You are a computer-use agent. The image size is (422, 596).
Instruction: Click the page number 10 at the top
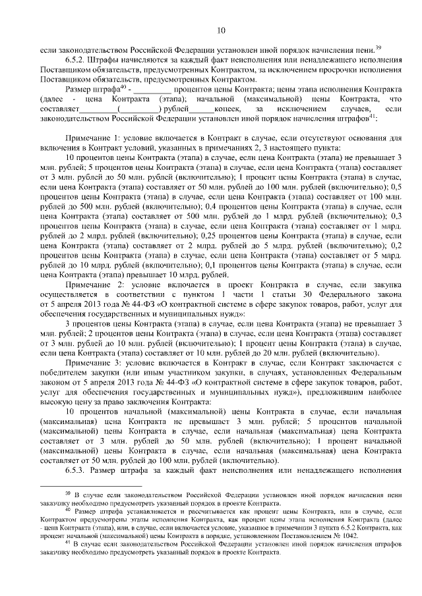220,29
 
